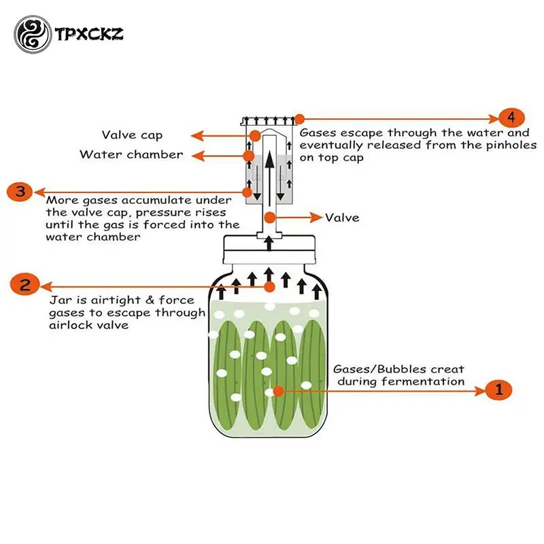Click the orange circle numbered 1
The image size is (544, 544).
pyautogui.click(x=498, y=390)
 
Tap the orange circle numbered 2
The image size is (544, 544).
pyautogui.click(x=25, y=285)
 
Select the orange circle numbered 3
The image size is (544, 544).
pyautogui.click(x=20, y=191)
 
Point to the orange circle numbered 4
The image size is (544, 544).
pyautogui.click(x=511, y=116)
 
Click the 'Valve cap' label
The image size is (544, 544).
pyautogui.click(x=132, y=135)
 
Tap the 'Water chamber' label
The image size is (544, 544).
pyautogui.click(x=131, y=154)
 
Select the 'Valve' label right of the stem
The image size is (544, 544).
pyautogui.click(x=342, y=218)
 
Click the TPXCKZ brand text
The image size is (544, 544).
pyautogui.click(x=90, y=32)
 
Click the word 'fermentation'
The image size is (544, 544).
pyautogui.click(x=423, y=381)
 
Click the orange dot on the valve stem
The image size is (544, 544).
pyautogui.click(x=271, y=218)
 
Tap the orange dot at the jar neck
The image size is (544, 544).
pyautogui.click(x=270, y=286)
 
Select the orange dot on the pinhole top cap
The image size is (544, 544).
pyautogui.click(x=299, y=118)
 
